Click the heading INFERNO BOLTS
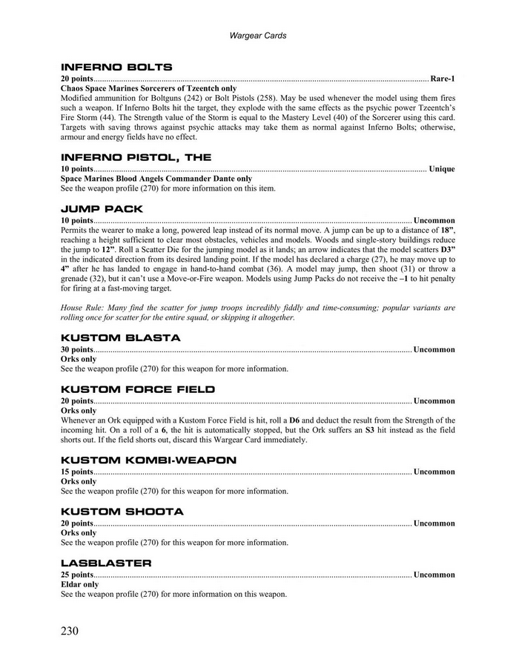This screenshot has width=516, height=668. click(116, 67)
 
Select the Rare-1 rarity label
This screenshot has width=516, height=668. click(443, 79)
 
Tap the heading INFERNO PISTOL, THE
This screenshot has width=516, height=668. click(136, 157)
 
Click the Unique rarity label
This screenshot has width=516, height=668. click(442, 169)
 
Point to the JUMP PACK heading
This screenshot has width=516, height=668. click(102, 209)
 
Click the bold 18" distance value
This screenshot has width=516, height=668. click(445, 231)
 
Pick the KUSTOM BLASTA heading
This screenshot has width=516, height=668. click(120, 337)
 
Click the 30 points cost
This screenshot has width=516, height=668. click(77, 349)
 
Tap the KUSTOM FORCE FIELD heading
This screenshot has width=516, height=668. click(138, 389)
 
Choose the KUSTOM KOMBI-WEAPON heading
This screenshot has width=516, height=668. click(148, 460)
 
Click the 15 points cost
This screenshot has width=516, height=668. click(77, 472)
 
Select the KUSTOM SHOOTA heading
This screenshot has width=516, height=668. click(122, 512)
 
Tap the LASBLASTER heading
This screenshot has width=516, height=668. click(106, 563)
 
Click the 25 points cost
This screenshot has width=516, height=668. click(77, 575)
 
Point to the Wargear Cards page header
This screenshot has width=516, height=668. click(258, 35)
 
